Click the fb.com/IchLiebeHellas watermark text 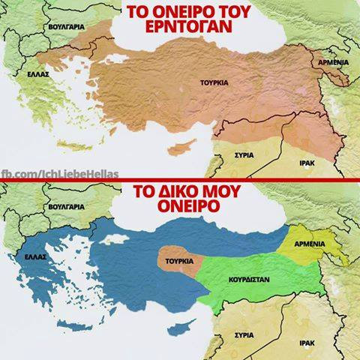point(59,174)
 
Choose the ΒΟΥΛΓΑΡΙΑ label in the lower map point(65,205)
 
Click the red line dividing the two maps point(180,181)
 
